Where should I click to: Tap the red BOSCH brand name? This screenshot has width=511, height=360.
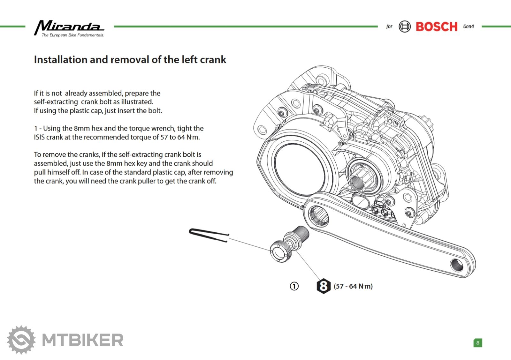(x=436, y=27)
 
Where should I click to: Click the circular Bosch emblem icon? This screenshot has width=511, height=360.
(x=405, y=27)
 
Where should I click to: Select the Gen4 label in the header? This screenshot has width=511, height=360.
(x=469, y=27)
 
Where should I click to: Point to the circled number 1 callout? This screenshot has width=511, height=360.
(x=294, y=286)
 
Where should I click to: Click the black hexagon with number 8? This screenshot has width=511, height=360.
(x=323, y=286)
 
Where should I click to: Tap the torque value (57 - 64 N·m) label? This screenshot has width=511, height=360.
(x=353, y=286)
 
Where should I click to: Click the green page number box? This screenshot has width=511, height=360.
(x=478, y=343)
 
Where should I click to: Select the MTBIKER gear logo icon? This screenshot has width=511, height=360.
(x=21, y=340)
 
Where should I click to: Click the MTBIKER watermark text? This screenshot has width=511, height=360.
(x=83, y=340)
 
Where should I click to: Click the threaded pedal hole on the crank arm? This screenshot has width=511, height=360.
(x=457, y=265)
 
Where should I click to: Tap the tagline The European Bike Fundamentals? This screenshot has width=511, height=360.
(x=73, y=35)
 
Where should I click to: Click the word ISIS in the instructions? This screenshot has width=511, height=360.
(x=39, y=137)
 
